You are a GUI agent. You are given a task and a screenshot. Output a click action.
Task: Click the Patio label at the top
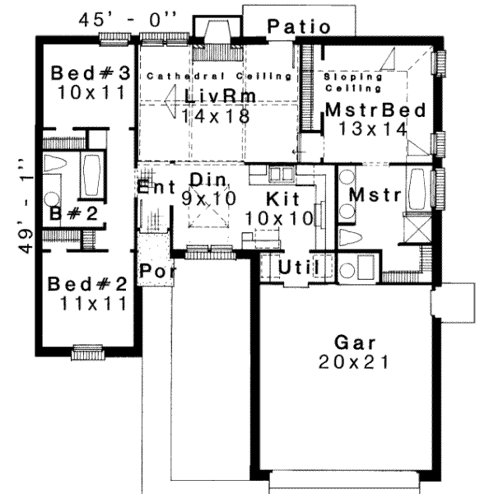coord(299,27)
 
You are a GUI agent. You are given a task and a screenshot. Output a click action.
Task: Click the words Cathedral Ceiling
coord(220,76)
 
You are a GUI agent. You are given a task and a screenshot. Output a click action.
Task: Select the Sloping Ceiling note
coord(353,81)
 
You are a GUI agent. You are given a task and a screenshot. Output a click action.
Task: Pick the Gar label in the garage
coord(355,342)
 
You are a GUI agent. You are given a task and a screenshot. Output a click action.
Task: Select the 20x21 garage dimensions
coord(355,361)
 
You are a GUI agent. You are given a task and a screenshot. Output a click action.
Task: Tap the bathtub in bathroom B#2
coord(92,175)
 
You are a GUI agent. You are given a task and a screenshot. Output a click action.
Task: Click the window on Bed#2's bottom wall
coord(87,352)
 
